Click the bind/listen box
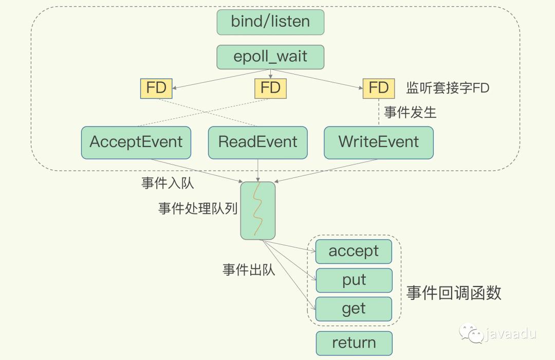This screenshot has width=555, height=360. [x=270, y=22]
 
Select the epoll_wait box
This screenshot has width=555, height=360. [x=270, y=57]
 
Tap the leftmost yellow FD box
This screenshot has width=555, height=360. [x=156, y=88]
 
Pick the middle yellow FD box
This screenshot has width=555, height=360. [x=270, y=88]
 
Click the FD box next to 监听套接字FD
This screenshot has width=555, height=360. [x=378, y=88]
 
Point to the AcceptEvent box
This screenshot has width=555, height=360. [x=136, y=142]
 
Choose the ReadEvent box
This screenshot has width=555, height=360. [x=258, y=142]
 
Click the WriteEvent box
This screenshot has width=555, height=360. [x=379, y=142]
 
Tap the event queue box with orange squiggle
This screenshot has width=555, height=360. [x=258, y=210]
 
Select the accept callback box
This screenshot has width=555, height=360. [x=354, y=251]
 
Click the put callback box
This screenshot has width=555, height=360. [x=354, y=280]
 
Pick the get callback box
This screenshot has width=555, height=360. [x=354, y=309]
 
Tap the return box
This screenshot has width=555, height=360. [x=354, y=343]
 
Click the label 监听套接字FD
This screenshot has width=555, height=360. [x=448, y=88]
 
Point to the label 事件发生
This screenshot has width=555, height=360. [x=410, y=113]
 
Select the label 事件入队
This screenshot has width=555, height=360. [x=168, y=183]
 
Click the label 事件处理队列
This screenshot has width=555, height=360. [x=198, y=209]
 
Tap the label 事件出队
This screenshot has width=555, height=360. [x=249, y=270]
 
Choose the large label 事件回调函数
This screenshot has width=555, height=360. [x=454, y=293]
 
